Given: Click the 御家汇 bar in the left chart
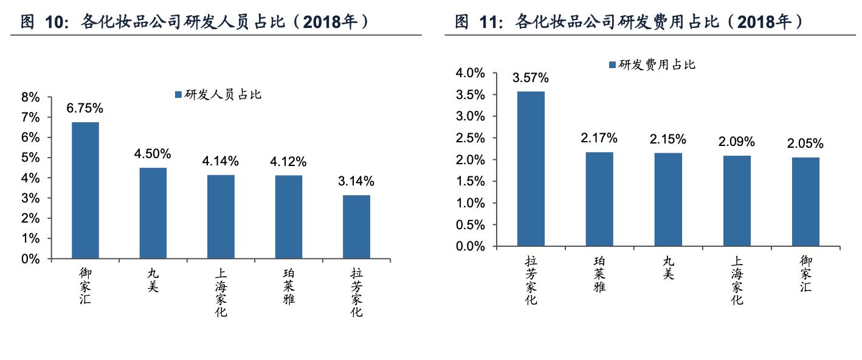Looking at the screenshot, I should [x=85, y=190].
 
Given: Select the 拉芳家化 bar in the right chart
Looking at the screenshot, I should [x=531, y=169].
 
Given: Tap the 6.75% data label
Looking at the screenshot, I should [x=85, y=109].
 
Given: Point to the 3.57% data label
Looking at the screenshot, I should [x=531, y=78].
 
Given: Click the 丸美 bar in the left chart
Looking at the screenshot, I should [x=153, y=213].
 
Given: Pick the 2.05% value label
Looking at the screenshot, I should [x=805, y=144].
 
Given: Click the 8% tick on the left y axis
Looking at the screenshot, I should [x=30, y=97].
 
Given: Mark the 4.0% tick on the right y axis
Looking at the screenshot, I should [x=470, y=73].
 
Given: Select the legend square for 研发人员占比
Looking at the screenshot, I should [x=178, y=95].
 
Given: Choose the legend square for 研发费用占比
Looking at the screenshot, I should [x=612, y=65].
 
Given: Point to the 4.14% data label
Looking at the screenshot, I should [x=221, y=162].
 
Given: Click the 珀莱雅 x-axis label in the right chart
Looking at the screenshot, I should [x=599, y=274].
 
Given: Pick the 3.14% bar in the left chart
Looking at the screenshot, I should [x=356, y=227].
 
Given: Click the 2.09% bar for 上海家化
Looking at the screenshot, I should [x=736, y=201].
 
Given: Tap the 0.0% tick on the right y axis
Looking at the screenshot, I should [x=470, y=247].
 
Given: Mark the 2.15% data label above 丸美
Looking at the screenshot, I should [x=668, y=139].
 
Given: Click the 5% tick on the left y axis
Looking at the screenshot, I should [x=30, y=158].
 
